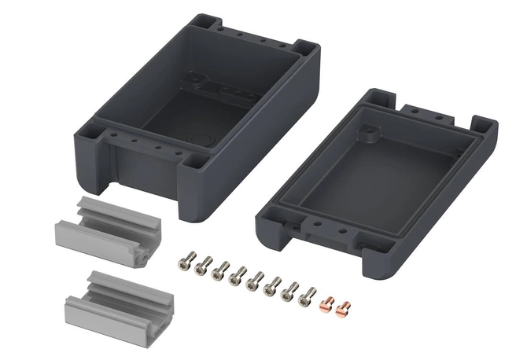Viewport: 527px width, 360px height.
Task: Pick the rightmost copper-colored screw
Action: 342,307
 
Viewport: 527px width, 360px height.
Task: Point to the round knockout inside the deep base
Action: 207,143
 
